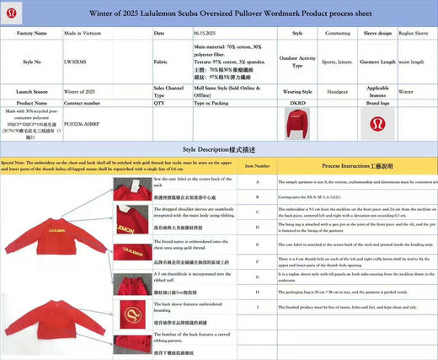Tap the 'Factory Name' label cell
31,33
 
